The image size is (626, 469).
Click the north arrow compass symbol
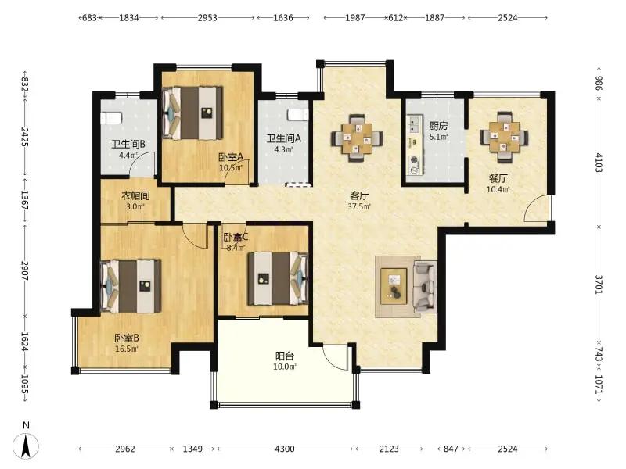(x=26, y=445)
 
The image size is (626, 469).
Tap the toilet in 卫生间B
(x=110, y=118)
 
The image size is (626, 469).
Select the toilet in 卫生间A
(x=298, y=114)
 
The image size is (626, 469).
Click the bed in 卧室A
(x=192, y=113)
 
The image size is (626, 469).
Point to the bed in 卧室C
(x=278, y=278)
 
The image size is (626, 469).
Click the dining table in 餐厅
(x=504, y=137)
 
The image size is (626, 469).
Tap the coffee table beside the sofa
(x=394, y=286)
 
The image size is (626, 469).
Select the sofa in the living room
(x=425, y=286)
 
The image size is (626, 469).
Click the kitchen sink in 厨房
(x=414, y=124)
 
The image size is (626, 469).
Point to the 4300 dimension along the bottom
(x=285, y=449)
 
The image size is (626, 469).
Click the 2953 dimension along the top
(x=207, y=17)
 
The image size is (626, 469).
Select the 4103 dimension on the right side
(x=599, y=162)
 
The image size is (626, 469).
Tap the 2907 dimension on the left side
(x=25, y=270)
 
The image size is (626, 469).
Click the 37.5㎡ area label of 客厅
(x=359, y=206)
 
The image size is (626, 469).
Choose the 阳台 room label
(x=285, y=356)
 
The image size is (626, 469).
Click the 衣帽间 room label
(x=135, y=196)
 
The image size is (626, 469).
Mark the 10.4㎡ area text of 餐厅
(x=498, y=190)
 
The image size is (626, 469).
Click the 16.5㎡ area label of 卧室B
(x=127, y=349)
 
